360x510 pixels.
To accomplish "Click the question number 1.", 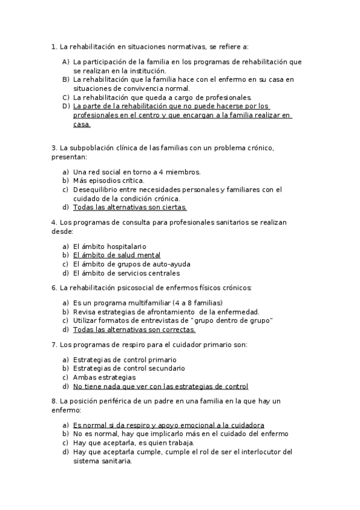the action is point(54,46).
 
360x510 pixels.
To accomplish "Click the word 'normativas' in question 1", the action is point(185,46).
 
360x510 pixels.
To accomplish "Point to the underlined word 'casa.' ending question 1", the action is point(82,124).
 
